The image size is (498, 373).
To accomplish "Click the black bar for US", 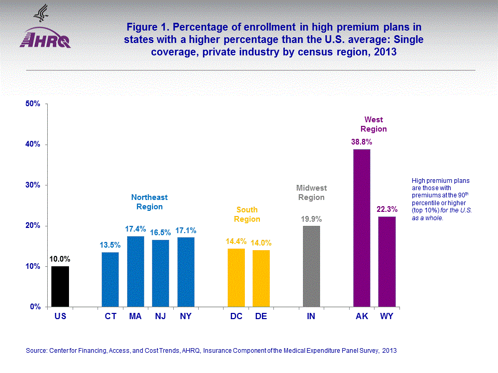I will pos(60,286).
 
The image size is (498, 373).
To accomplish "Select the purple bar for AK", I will pos(362,228).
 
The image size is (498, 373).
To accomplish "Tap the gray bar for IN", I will pos(311,266).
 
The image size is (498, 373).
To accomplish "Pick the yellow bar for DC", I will pos(236,278).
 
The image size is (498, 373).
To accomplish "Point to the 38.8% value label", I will pos(362,141).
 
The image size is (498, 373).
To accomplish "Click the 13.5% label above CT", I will pos(110,245).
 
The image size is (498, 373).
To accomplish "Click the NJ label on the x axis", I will pos(160,316).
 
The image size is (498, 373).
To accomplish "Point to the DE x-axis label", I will pos(261,316).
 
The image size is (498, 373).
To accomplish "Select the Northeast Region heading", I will pos(149,202).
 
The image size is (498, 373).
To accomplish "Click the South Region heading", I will pos(247,214).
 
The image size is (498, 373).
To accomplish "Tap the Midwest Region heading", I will pos(311,193).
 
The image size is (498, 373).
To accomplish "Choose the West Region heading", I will pos(374,125).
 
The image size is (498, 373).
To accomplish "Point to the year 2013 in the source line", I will pos(389,351).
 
